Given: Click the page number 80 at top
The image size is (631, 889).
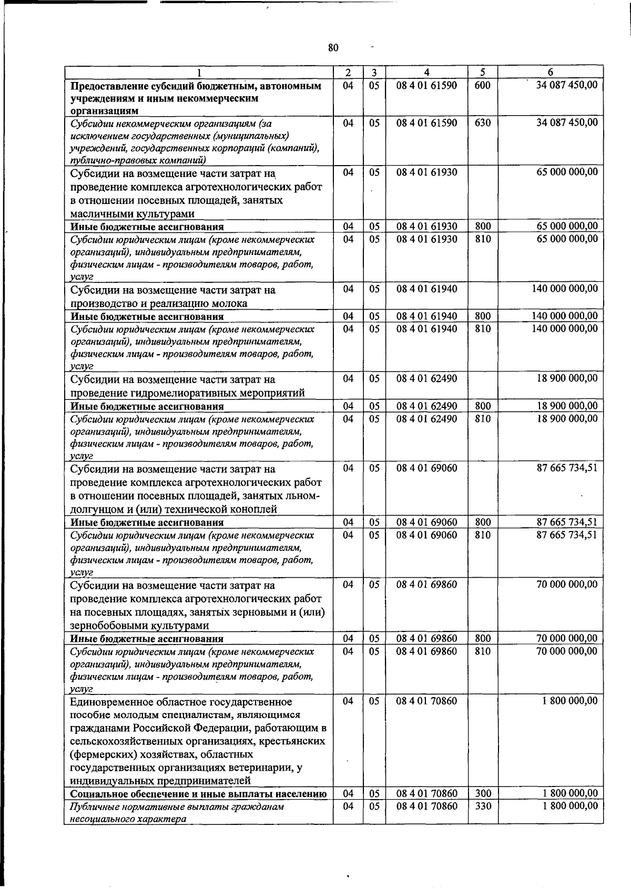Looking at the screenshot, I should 333,48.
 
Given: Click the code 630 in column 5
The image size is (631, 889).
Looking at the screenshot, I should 482,122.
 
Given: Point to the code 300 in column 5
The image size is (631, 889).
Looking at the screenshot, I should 482,793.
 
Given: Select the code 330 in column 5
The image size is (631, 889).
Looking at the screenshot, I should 482,806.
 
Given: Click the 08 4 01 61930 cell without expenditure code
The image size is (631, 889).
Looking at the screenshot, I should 426,172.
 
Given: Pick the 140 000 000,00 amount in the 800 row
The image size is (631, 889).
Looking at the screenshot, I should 565,316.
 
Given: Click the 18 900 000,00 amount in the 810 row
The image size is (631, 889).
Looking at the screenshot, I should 567,418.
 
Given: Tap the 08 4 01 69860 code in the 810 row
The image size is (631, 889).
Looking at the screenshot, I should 426,651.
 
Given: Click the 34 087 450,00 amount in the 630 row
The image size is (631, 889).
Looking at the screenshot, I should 567,122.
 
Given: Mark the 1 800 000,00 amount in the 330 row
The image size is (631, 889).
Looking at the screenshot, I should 570,806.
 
